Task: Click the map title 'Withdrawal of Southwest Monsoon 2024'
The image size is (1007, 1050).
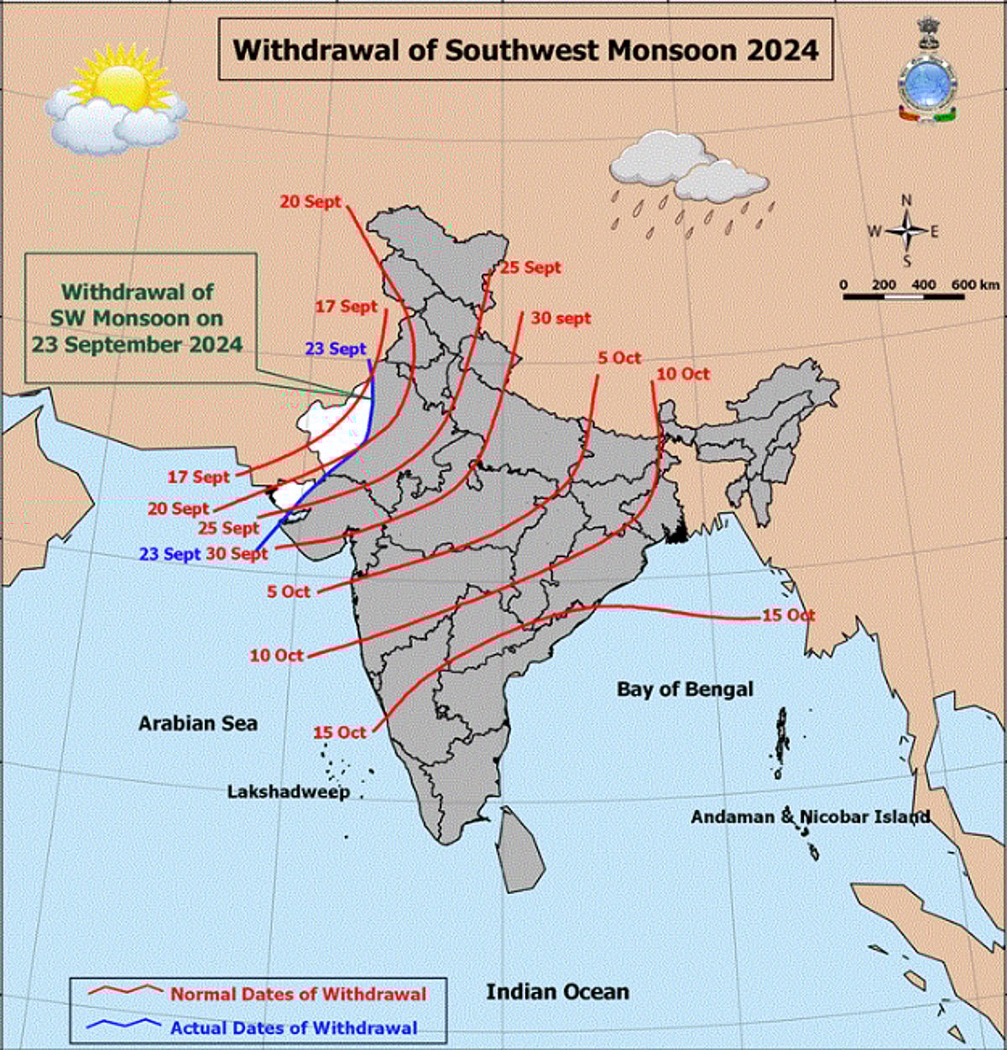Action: pos(525,50)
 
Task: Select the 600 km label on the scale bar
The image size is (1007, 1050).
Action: pos(975,285)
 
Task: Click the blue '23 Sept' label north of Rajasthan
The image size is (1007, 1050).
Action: pos(336,348)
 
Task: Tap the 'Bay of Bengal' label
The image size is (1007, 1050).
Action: pos(685,689)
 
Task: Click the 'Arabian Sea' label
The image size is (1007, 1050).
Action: pos(198,724)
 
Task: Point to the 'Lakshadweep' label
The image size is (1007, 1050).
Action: pos(289,791)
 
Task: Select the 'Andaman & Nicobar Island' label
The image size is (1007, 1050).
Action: pos(810,817)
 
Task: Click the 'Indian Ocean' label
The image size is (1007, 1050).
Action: pos(557,991)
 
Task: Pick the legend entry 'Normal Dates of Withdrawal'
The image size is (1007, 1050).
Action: pos(299,995)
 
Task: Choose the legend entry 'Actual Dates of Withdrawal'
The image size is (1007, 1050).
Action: pos(294,1027)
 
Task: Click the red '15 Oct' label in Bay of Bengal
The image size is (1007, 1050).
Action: pos(788,615)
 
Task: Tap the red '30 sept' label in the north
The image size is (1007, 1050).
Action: pos(561,318)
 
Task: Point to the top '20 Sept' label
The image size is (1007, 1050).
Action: pos(310,201)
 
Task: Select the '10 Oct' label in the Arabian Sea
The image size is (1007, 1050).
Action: pos(276,655)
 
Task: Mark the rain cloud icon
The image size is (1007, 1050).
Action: pos(688,180)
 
